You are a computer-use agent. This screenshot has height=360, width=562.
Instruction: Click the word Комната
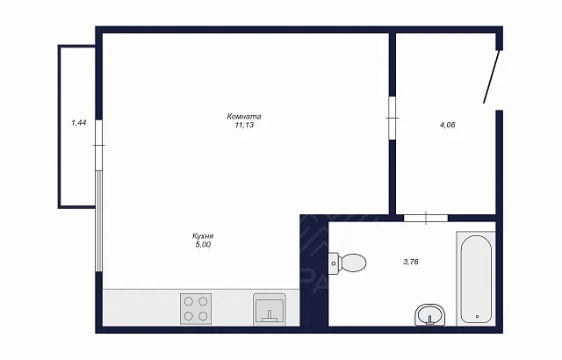point(244,117)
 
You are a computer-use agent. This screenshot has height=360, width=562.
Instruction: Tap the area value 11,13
point(244,125)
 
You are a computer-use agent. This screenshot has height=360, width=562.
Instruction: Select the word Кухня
point(203,236)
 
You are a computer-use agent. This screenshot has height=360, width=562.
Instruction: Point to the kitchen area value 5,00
point(203,245)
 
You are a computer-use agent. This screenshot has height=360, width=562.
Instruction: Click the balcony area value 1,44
point(79,123)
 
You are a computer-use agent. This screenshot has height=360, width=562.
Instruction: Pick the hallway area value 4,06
point(447,125)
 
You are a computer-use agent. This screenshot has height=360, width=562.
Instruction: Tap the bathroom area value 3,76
point(411,262)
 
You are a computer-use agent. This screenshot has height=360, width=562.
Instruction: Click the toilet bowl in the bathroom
point(353,263)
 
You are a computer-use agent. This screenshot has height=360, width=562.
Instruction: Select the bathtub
point(476,278)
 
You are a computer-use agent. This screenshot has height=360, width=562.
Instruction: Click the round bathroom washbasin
point(430,315)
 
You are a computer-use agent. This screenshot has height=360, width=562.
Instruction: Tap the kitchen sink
point(270,309)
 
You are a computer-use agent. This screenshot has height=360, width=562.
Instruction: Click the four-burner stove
point(196,309)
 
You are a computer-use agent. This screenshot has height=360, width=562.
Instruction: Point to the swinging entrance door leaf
point(492,76)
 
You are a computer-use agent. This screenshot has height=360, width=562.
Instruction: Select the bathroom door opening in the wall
point(426,218)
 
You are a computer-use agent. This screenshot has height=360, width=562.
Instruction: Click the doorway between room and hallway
point(393,118)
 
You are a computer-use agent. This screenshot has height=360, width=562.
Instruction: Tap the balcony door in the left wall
point(99,145)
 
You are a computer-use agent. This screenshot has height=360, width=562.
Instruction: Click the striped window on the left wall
point(99,221)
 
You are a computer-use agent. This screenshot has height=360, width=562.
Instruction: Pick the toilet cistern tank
point(334,263)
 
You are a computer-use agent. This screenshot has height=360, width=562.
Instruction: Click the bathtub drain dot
point(478,316)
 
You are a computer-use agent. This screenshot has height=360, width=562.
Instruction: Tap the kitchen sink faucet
point(270,317)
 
